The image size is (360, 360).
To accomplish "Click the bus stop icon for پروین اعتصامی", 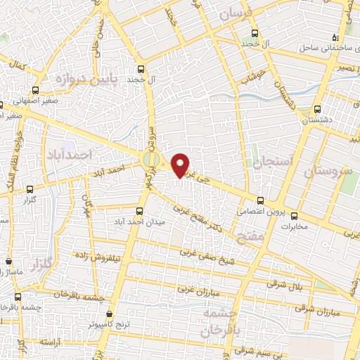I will (260, 200).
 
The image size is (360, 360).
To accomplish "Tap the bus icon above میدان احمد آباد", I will (139, 212).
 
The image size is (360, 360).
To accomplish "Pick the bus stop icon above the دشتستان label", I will (315, 109).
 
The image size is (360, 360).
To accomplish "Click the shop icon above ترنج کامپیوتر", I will (108, 314).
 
